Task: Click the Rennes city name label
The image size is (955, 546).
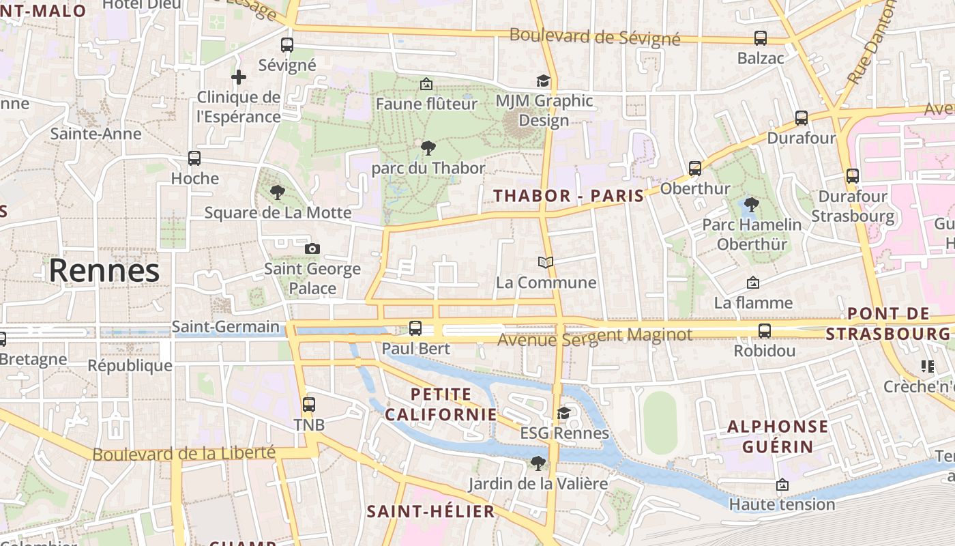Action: coord(104,271)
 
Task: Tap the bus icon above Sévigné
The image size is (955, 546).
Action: coord(287,45)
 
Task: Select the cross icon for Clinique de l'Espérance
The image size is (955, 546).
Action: coord(238,77)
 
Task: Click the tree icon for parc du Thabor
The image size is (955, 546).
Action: coord(428,147)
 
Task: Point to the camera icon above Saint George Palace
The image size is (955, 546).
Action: coord(312,248)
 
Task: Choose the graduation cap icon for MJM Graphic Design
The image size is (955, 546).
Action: coord(543,81)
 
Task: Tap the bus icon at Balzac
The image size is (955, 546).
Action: coord(761,38)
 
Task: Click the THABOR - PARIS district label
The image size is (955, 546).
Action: coord(569,196)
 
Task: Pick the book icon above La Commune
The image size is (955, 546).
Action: coord(546,262)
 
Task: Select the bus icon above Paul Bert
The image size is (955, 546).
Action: coord(415,328)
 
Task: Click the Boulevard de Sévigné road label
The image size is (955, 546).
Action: coord(595,37)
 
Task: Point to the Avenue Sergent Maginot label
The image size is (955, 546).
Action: coord(595,336)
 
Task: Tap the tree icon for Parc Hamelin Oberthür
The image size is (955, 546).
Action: coord(752,204)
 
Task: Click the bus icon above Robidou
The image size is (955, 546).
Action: coord(765,331)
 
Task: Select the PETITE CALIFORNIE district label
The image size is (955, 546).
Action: coord(441,404)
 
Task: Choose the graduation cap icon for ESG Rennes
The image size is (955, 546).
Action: coord(564,413)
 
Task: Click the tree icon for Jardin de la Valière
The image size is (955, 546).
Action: coord(538,463)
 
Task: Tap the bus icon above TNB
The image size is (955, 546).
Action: coord(309,405)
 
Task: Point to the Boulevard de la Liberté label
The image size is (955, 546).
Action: coord(183,453)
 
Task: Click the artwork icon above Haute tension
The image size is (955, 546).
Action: coord(782,485)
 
